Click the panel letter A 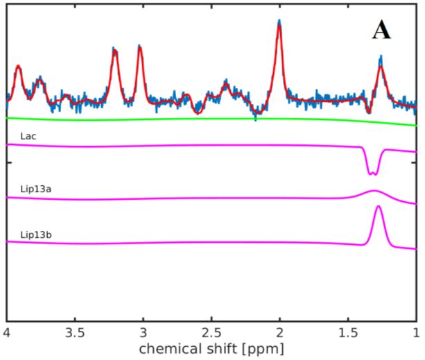click(381, 30)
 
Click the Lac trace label click(28, 137)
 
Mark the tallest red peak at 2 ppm click(279, 27)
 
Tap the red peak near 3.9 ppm click(19, 67)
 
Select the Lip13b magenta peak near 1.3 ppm click(379, 207)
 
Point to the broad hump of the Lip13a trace click(374, 191)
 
